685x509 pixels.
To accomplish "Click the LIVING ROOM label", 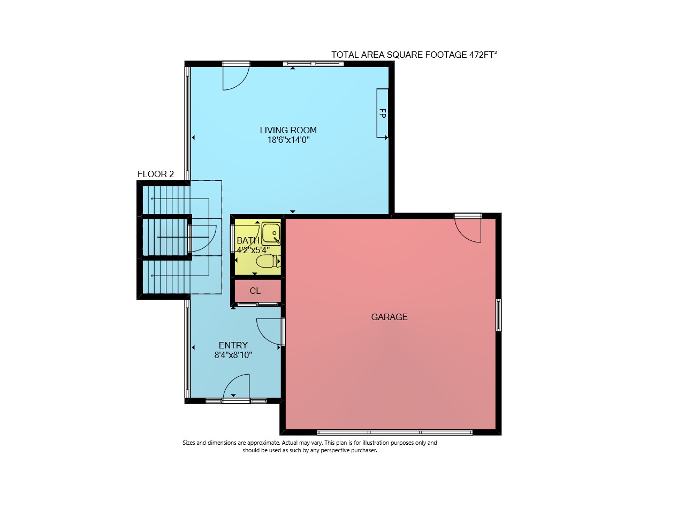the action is tap(288, 130).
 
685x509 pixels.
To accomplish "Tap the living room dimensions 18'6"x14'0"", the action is tap(288, 140).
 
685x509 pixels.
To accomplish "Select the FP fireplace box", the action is tap(382, 113).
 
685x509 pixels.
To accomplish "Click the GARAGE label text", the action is tap(389, 317).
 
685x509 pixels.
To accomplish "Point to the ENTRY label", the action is tap(233, 345).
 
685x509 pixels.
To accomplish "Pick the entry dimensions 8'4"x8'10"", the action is tap(233, 355).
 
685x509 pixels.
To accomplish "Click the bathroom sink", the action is tap(271, 234).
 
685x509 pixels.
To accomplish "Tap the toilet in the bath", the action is tap(268, 261).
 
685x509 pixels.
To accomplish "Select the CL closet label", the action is tap(255, 291).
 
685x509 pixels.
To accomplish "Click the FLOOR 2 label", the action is tap(156, 174).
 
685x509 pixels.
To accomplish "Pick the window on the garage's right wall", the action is tap(498, 315).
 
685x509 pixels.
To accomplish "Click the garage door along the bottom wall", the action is tap(395, 432).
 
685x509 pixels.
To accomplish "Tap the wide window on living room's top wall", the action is tap(314, 64).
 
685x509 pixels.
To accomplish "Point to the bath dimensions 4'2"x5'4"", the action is tap(253, 249).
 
